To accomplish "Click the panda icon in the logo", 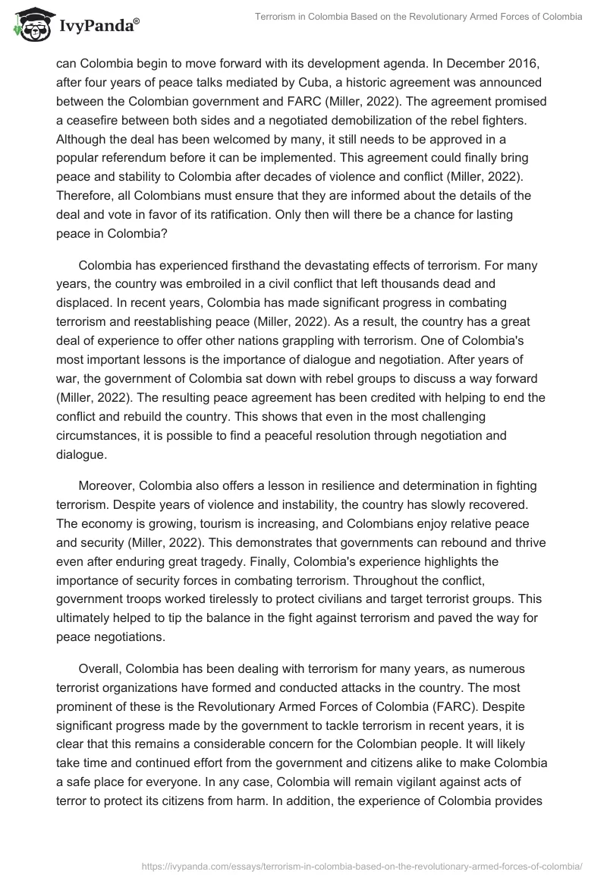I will click(30, 24).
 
